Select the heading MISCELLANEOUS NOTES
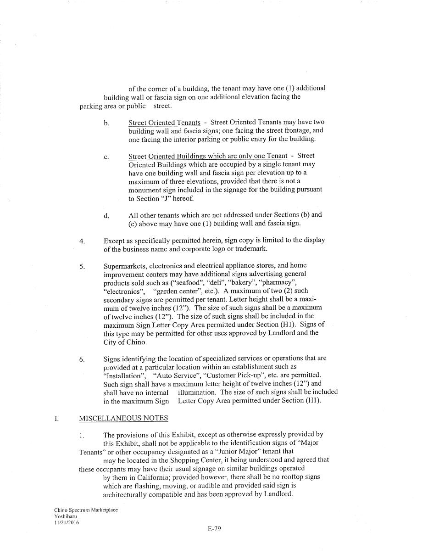pos(123,418)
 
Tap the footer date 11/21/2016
pos(66,522)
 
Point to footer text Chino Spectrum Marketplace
pos(86,510)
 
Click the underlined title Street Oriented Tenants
pos(164,123)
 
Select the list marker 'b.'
pos(106,123)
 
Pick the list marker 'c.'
pos(106,157)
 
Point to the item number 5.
pos(82,266)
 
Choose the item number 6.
pos(82,359)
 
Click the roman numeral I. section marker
pos(56,419)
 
